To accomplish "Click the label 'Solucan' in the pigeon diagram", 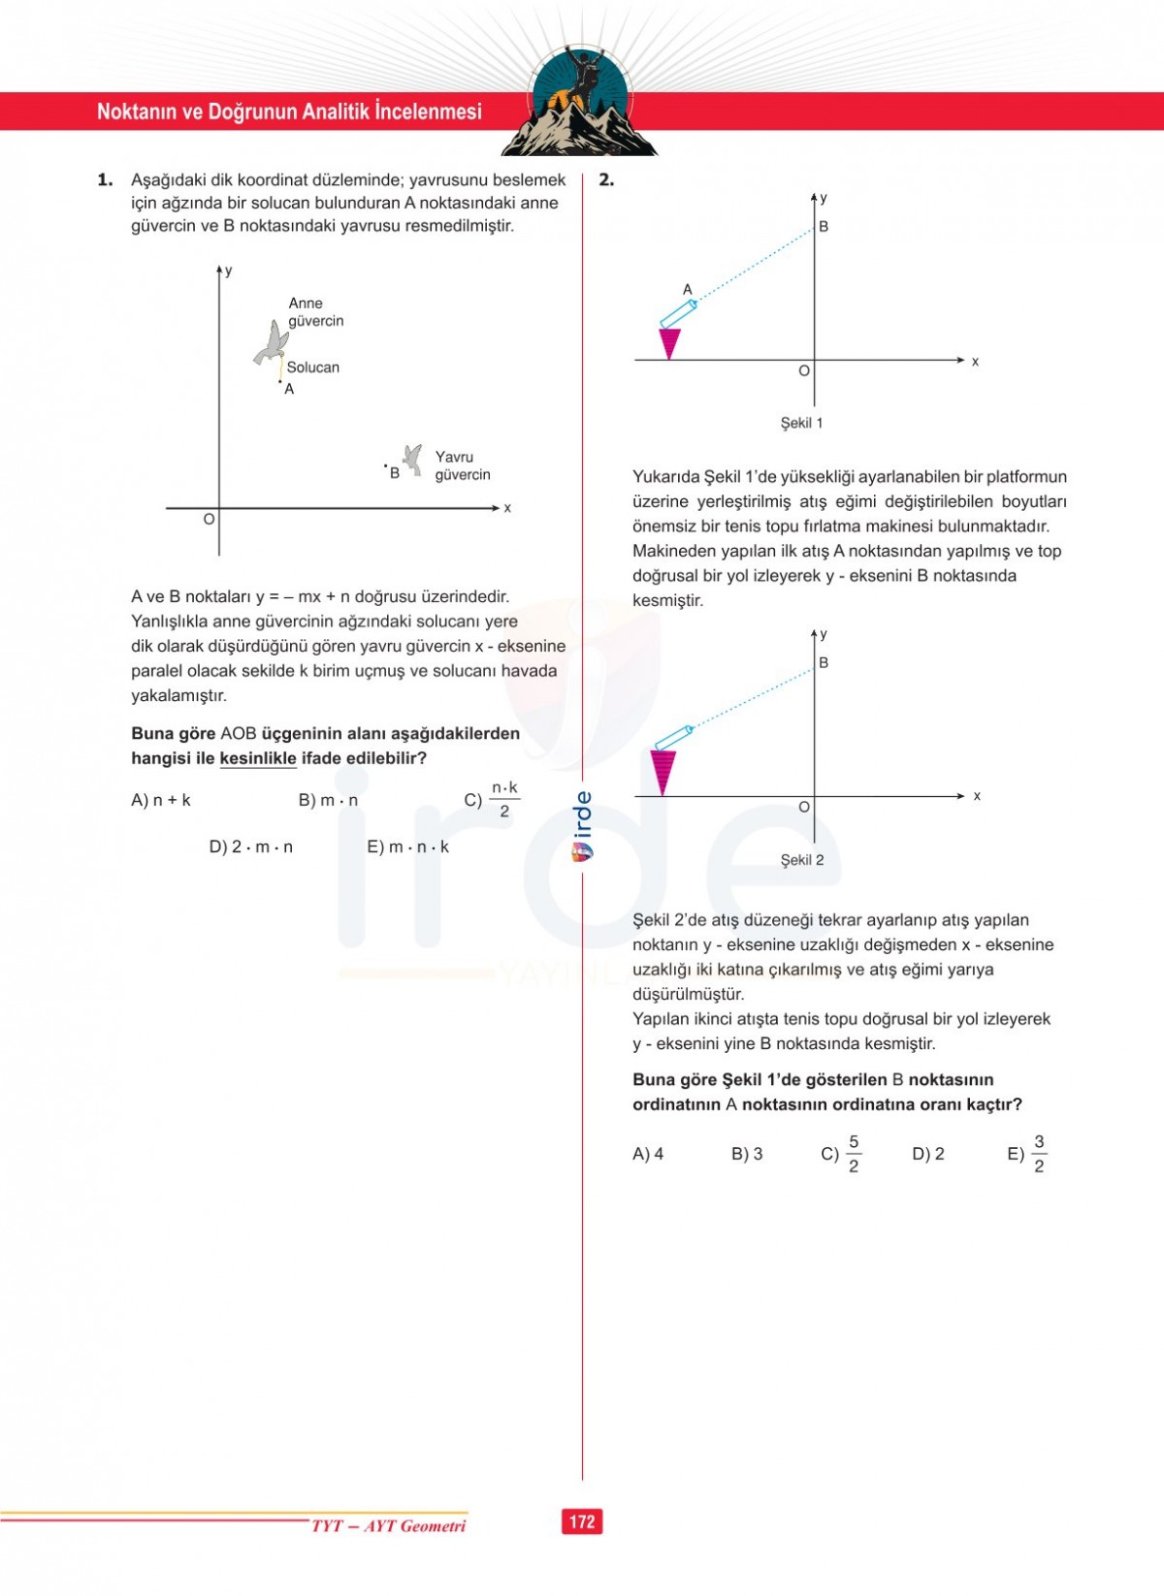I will [313, 367].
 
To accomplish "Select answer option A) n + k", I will [161, 800].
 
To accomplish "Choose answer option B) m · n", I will [329, 800].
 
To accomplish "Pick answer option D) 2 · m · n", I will [251, 846].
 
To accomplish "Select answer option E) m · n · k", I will [408, 846].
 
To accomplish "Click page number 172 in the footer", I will [582, 1521].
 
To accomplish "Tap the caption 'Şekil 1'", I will [801, 423].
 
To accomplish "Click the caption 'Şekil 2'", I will [802, 860].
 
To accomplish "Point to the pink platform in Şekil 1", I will [669, 343].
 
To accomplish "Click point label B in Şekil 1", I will [824, 227].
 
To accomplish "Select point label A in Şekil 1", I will [688, 289].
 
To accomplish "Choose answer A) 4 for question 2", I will [648, 1154].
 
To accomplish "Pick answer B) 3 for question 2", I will [747, 1154].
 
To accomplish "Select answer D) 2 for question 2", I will [928, 1154].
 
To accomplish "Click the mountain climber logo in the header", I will [580, 102].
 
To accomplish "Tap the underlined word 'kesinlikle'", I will [258, 758].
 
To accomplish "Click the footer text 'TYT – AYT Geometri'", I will [388, 1526].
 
